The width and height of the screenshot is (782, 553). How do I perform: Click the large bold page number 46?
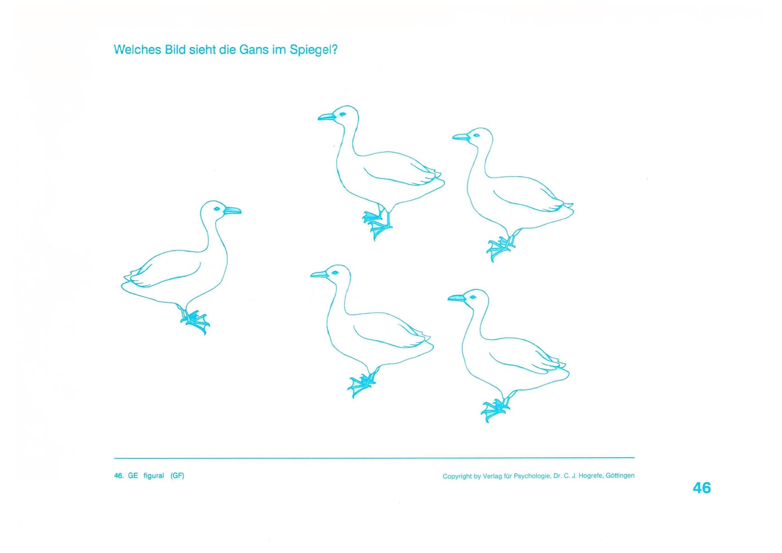(702, 488)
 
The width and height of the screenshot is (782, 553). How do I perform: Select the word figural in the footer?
(154, 476)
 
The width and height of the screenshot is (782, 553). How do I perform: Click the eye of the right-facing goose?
(216, 208)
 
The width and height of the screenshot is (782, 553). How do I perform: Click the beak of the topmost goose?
(327, 117)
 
